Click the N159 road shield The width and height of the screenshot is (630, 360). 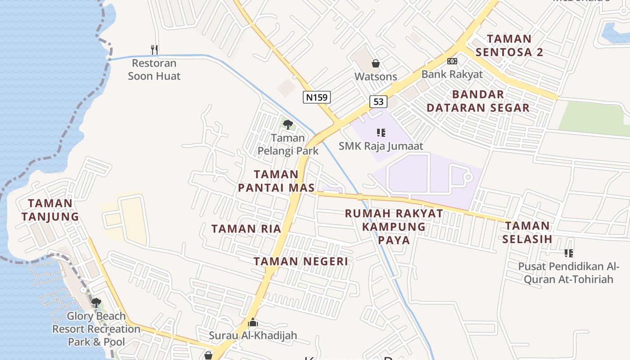[x=317, y=97]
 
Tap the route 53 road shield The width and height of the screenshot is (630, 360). [x=378, y=102]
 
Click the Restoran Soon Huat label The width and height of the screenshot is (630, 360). [x=154, y=70]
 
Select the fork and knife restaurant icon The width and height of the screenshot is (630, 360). [x=154, y=49]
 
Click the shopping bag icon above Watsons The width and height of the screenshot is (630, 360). [x=376, y=63]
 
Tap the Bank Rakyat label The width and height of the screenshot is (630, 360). [x=452, y=74]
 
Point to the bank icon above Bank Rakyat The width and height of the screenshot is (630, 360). [x=452, y=61]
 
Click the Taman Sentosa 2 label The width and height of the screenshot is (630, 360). [x=509, y=45]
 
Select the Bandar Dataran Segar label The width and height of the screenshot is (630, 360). [x=478, y=101]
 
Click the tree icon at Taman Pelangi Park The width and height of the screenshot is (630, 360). [x=288, y=124]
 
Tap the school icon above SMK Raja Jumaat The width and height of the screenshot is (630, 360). [x=381, y=133]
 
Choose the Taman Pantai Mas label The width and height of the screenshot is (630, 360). [x=276, y=181]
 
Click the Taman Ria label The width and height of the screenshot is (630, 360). [x=246, y=229]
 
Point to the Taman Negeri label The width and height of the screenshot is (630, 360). [x=301, y=261]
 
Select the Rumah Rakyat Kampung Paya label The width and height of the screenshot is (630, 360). [x=394, y=226]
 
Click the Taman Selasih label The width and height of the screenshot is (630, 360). [x=527, y=232]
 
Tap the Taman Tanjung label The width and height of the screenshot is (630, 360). [x=50, y=210]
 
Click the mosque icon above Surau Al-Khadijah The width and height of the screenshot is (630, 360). [x=253, y=323]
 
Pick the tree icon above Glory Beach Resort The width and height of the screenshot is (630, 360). [x=96, y=302]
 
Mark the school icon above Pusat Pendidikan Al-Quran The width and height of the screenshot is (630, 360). [x=569, y=253]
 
